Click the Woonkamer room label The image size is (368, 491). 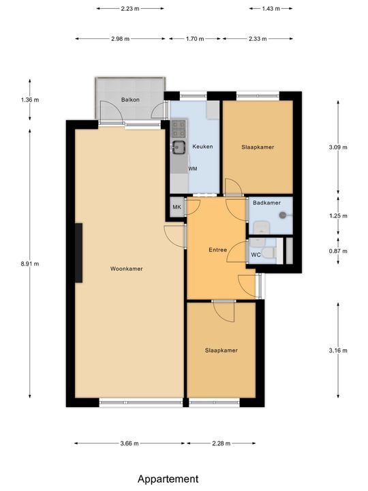click(x=126, y=269)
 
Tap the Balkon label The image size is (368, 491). click(x=131, y=100)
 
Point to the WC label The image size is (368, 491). click(x=256, y=254)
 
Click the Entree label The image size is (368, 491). click(x=217, y=250)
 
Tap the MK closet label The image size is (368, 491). click(x=176, y=207)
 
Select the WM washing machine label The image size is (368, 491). click(x=193, y=168)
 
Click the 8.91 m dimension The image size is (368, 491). click(x=31, y=263)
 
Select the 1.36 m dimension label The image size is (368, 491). click(x=31, y=100)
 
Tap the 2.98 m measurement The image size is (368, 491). click(x=120, y=39)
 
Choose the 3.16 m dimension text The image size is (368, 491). click(x=338, y=351)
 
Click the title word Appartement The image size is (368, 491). click(x=168, y=479)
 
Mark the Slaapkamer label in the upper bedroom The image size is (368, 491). click(x=258, y=147)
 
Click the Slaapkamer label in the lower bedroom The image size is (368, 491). click(x=221, y=350)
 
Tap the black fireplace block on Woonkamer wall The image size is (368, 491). click(x=80, y=253)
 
